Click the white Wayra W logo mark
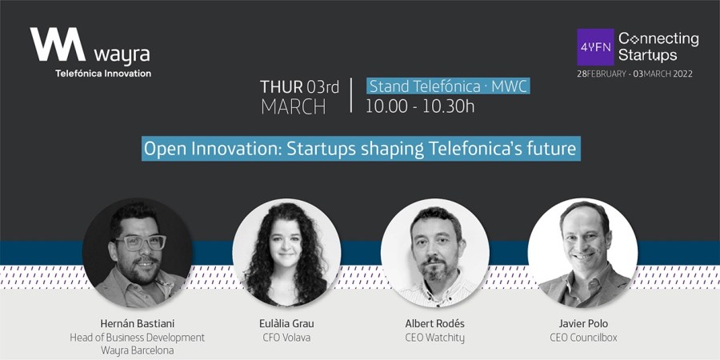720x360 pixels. pyautogui.click(x=58, y=44)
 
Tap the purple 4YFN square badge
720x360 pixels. pyautogui.click(x=595, y=47)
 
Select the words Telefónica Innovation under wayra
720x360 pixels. pyautogui.click(x=103, y=74)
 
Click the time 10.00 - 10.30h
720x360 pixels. pyautogui.click(x=420, y=106)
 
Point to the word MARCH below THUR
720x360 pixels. pyautogui.click(x=294, y=107)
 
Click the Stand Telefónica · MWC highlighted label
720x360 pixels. pyautogui.click(x=449, y=86)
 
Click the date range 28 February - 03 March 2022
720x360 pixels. pyautogui.click(x=634, y=74)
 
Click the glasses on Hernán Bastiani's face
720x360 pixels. pyautogui.click(x=141, y=242)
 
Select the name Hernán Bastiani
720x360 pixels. pyautogui.click(x=137, y=324)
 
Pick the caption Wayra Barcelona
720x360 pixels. pyautogui.click(x=137, y=351)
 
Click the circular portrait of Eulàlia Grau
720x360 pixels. pyautogui.click(x=286, y=253)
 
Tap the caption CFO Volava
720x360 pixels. pyautogui.click(x=286, y=338)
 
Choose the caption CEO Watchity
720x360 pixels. pyautogui.click(x=435, y=338)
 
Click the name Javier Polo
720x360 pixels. pyautogui.click(x=583, y=324)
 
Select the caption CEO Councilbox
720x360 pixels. pyautogui.click(x=583, y=338)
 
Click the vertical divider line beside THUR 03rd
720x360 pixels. pyautogui.click(x=351, y=95)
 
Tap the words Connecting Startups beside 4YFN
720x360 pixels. pyautogui.click(x=658, y=47)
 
